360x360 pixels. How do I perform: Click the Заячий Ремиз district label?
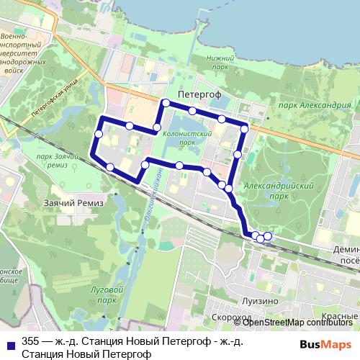(73, 203)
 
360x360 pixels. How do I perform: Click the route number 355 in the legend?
(31, 341)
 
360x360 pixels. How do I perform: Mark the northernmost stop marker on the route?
(166, 104)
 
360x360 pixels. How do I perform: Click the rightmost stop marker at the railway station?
(268, 236)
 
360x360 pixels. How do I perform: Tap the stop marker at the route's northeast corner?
(245, 129)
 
